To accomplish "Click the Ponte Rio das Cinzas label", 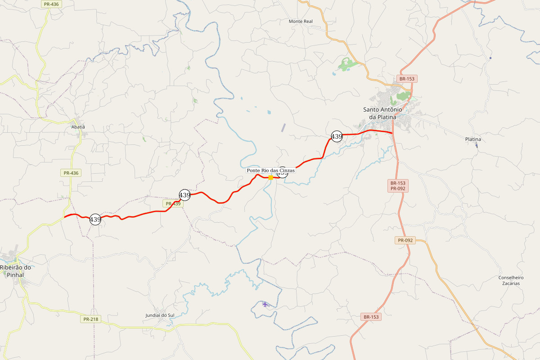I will (270, 171).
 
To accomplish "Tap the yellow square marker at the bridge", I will (270, 177).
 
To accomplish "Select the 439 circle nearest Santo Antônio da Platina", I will (337, 136).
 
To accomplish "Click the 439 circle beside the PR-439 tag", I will (184, 195).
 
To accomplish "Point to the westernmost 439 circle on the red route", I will (95, 220).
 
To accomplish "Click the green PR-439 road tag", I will (173, 204).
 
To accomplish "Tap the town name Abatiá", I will (78, 127).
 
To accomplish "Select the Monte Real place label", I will (301, 21).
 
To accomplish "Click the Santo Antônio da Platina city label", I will (382, 113).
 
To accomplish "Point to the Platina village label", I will (473, 139).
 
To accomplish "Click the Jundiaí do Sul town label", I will (160, 315).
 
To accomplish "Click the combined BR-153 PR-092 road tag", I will (398, 186).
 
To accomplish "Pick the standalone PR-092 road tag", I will (405, 240).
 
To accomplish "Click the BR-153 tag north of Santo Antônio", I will (407, 79).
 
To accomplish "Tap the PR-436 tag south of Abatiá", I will (71, 173).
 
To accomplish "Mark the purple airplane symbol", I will (265, 304).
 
